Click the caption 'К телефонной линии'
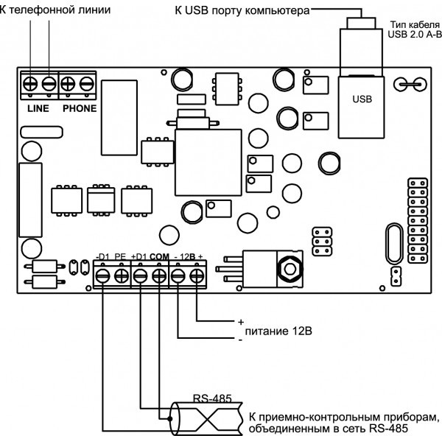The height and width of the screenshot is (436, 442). [x=44, y=10]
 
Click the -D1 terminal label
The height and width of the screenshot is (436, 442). [x=102, y=256]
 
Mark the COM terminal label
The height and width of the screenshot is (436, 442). [x=159, y=256]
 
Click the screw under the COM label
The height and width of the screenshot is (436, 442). [x=159, y=275]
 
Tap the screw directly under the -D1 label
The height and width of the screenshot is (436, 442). [x=102, y=275]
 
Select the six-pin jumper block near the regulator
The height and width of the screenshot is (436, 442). [x=321, y=240]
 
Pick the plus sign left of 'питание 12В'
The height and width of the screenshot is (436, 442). [x=240, y=323]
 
